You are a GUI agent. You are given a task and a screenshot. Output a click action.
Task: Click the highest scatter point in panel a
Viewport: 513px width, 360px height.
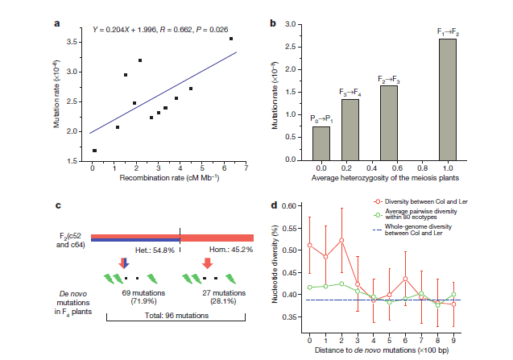[232, 39]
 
